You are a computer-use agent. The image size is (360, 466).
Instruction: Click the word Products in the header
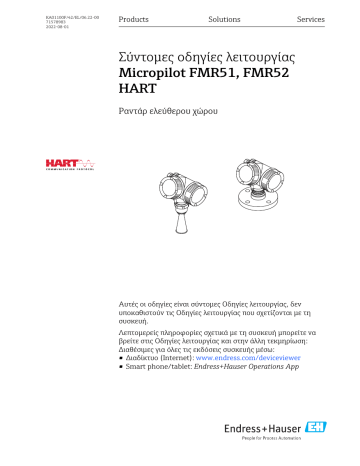133,20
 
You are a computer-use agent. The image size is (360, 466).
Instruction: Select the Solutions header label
224,20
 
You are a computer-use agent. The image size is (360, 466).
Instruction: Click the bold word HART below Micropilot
138,93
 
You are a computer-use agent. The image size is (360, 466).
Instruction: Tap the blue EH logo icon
339,436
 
